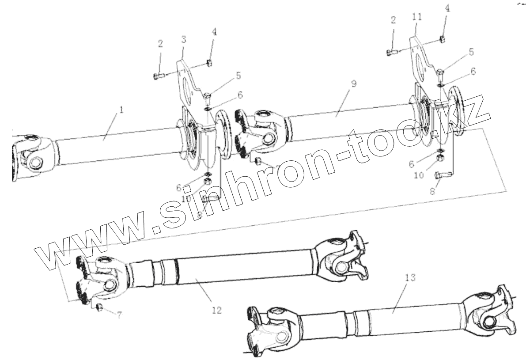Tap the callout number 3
tap(184, 38)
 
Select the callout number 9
tap(354, 83)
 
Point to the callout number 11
tap(416, 17)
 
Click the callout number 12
tap(216, 310)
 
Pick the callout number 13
tap(410, 277)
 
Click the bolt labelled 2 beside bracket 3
tap(159, 76)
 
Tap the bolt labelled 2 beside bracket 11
tap(391, 53)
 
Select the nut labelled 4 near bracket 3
tap(210, 63)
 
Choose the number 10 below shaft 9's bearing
tap(419, 175)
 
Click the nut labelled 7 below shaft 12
tap(100, 307)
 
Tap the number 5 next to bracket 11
tap(471, 52)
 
